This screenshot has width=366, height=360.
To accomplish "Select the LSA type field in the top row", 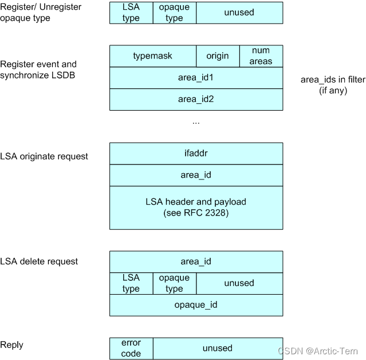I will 131,13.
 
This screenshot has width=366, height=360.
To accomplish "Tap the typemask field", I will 152,56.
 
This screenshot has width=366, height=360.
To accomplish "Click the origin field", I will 217,56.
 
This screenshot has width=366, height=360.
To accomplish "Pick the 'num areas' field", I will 261,56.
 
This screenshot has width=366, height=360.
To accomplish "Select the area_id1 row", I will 196,77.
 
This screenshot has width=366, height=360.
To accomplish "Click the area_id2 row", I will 196,99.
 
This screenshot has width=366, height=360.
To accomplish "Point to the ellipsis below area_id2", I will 196,122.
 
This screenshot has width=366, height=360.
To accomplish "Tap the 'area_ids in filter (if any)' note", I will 332,85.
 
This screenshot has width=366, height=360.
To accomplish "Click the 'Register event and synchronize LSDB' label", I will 38,69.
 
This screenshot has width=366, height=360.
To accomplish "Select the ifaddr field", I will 196,154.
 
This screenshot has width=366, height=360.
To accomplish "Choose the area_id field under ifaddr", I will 196,175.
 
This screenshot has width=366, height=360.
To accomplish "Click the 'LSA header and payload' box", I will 196,207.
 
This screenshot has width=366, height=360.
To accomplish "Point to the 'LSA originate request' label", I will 44,156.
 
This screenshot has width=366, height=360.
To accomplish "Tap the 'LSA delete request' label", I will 39,261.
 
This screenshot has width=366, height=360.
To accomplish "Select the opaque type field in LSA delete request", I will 174,283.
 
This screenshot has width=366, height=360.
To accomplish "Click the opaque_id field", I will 196,305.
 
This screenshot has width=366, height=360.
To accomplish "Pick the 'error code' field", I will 131,348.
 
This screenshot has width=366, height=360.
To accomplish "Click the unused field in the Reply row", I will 218,348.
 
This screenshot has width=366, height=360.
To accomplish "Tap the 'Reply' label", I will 11,345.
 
